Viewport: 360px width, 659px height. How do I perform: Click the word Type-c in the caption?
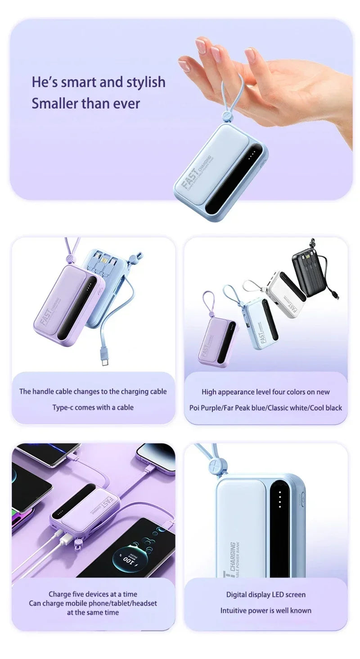[x=63, y=407]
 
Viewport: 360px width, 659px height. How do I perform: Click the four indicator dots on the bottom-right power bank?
[x=279, y=500]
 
